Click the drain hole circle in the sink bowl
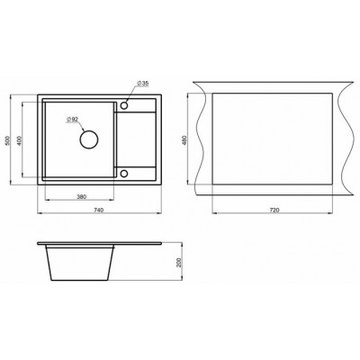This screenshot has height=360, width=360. coord(88,139)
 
